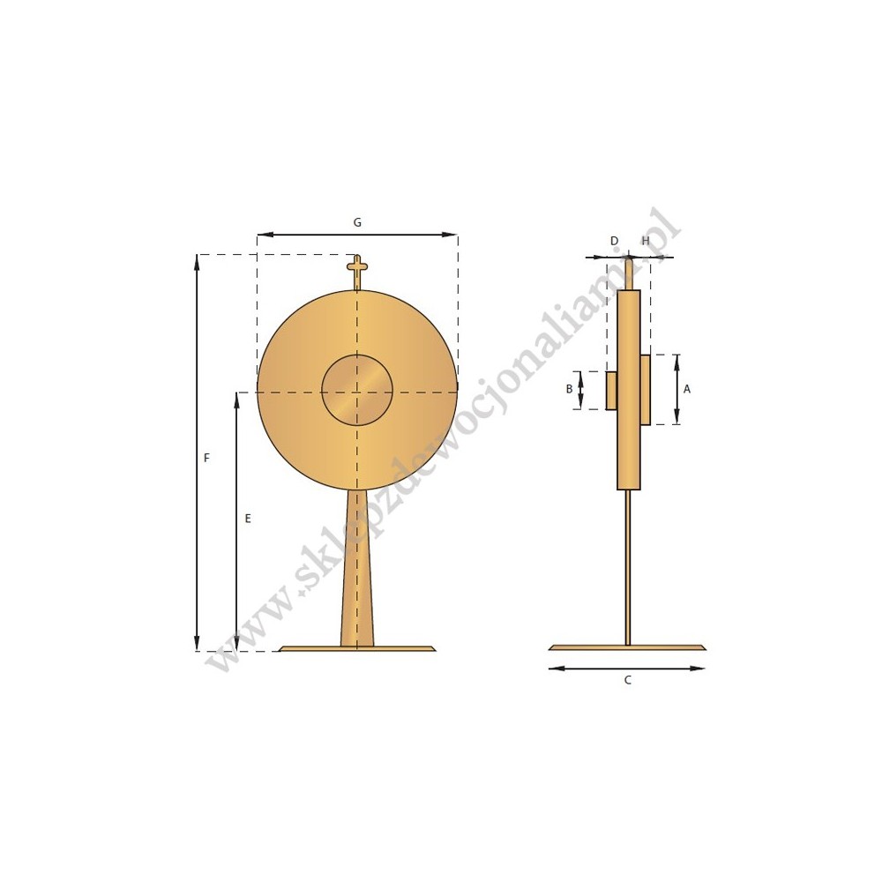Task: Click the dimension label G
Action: point(357,223)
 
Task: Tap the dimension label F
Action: point(206,458)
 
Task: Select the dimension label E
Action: point(248,519)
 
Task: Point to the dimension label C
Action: point(628,680)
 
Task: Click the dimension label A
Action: point(687,389)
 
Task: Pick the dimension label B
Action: point(569,389)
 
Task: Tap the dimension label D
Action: point(614,241)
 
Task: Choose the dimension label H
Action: point(646,241)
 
